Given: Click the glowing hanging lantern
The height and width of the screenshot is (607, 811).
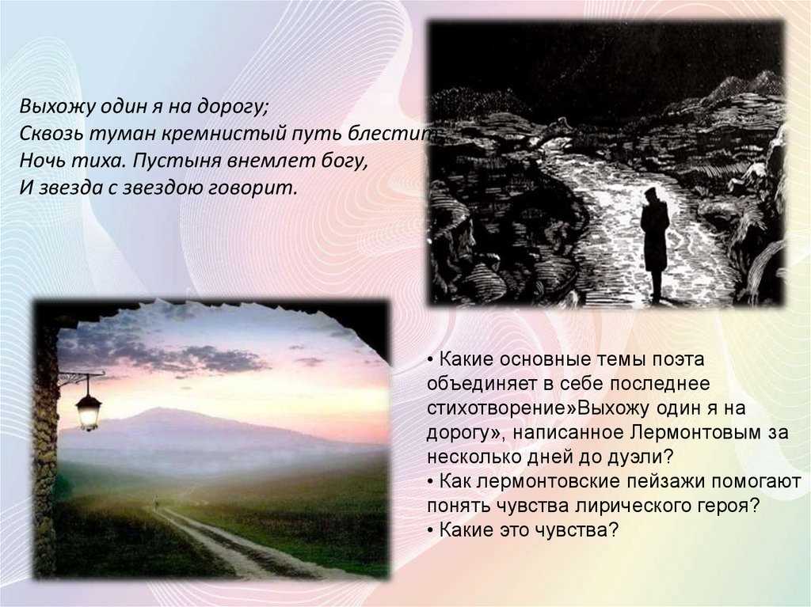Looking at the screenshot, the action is point(89,412).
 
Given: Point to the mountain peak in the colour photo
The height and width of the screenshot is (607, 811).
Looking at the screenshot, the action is point(155,410).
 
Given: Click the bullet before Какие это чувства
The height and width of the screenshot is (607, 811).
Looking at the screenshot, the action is point(431,531).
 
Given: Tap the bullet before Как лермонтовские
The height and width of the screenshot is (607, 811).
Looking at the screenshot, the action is point(431,482).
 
